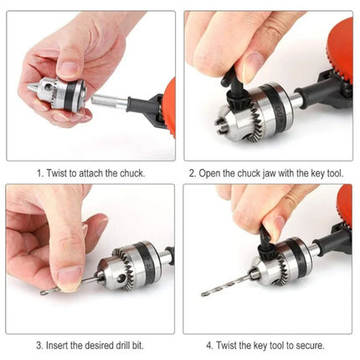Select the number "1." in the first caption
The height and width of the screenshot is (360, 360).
tap(39, 173)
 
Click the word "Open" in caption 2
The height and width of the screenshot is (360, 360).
tap(213, 173)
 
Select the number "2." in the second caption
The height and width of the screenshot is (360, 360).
tap(192, 173)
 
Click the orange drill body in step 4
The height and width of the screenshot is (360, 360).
tap(346, 209)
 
